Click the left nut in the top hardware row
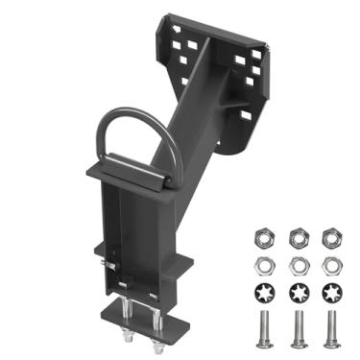(262, 236)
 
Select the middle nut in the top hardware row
(298, 236)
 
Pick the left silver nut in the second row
(262, 263)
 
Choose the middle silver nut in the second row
(298, 263)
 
